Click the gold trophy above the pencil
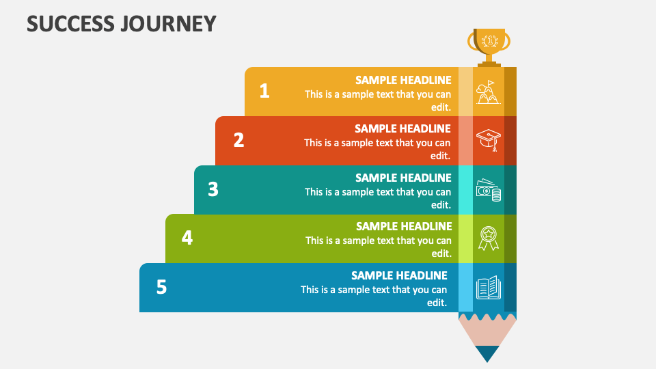pyautogui.click(x=489, y=45)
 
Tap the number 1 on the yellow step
pyautogui.click(x=264, y=91)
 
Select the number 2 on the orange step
pyautogui.click(x=238, y=140)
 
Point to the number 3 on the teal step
pyautogui.click(x=213, y=189)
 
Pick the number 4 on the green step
pyautogui.click(x=187, y=238)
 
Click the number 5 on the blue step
pyautogui.click(x=161, y=287)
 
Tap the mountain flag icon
pyautogui.click(x=488, y=92)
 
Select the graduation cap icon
pyautogui.click(x=488, y=140)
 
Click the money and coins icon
pyautogui.click(x=488, y=190)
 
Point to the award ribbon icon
pyautogui.click(x=488, y=238)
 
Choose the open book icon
pyautogui.click(x=488, y=287)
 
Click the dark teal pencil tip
pyautogui.click(x=487, y=353)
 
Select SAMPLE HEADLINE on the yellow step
pyautogui.click(x=403, y=80)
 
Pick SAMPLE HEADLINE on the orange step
pyautogui.click(x=402, y=128)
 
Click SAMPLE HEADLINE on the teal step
pyautogui.click(x=403, y=178)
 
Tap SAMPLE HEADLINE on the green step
pyautogui.click(x=404, y=226)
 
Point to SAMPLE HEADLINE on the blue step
pyautogui.click(x=399, y=275)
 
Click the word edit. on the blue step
pyautogui.click(x=437, y=303)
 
